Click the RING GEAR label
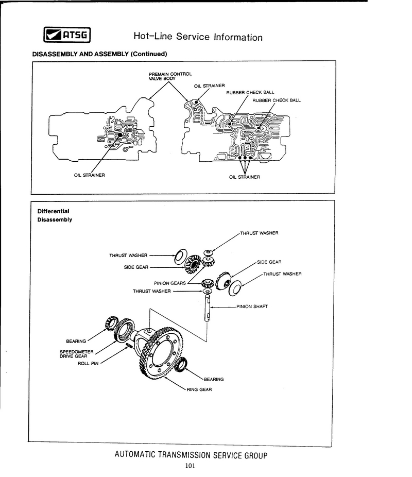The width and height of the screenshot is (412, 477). (199, 389)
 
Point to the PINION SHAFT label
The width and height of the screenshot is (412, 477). (252, 306)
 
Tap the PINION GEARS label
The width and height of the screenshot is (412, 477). (169, 283)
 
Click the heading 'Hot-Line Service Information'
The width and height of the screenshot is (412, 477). (198, 37)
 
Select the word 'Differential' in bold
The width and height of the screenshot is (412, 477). (53, 211)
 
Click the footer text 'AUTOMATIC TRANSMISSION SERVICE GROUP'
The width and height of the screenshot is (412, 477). (191, 455)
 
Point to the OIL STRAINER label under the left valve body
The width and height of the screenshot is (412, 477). (90, 175)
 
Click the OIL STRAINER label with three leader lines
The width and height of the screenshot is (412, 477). (245, 177)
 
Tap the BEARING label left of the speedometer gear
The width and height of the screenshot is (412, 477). (76, 341)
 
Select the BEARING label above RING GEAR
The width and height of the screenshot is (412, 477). (214, 379)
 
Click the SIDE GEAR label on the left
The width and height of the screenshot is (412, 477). (136, 267)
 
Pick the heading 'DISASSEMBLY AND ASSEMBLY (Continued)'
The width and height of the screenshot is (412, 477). (100, 54)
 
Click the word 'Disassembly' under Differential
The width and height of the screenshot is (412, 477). (55, 219)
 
